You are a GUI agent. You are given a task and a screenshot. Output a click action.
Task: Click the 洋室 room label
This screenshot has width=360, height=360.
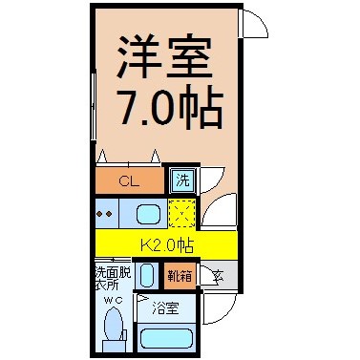(x=164, y=56)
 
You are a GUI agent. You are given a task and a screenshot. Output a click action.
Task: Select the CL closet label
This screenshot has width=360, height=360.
(x=129, y=181)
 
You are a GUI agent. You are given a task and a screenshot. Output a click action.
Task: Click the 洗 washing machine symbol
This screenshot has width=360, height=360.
(x=182, y=180)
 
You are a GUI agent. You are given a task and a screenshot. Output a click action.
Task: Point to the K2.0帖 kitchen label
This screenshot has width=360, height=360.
(x=167, y=245)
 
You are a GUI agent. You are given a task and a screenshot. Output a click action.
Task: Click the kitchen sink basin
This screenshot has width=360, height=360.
(x=148, y=214)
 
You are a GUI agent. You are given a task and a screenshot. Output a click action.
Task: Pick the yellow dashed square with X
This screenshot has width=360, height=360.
(x=181, y=213)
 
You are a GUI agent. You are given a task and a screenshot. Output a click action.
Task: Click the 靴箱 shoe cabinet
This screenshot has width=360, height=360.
(x=180, y=276)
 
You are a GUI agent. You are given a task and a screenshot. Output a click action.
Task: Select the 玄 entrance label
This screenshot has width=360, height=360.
(x=219, y=276)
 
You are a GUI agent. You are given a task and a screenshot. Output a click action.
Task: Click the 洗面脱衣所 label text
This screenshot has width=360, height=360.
(x=113, y=278)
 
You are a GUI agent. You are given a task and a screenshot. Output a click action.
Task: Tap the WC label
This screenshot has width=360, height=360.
(x=114, y=300)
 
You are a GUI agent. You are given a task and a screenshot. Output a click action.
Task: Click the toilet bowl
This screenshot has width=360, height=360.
(x=114, y=323)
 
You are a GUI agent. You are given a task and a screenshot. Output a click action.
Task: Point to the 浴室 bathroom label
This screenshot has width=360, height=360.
(x=165, y=308)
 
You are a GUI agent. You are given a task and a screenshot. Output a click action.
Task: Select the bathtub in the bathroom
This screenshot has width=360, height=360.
(x=165, y=338)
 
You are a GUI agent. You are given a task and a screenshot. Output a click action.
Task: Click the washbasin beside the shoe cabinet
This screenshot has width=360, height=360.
(x=147, y=276)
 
